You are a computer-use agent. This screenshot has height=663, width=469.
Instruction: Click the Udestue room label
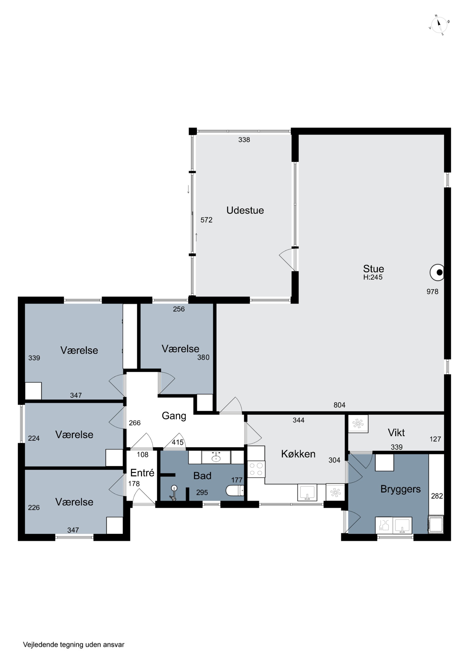245,210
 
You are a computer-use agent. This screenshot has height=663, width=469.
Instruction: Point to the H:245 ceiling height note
373,277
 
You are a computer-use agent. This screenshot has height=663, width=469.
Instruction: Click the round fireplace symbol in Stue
437,272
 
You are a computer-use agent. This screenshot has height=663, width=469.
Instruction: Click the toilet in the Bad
235,490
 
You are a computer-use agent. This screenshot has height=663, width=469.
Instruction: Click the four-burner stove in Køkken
256,469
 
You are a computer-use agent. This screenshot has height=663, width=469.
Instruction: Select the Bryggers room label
400,489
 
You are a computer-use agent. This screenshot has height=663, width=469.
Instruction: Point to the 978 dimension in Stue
432,292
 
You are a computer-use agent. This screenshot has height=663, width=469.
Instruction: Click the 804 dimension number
340,405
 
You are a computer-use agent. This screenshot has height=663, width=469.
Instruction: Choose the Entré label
142,473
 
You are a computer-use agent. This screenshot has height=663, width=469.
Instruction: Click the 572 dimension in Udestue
206,220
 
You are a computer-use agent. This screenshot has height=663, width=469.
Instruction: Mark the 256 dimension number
179,309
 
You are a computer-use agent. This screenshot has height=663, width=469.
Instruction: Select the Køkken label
298,454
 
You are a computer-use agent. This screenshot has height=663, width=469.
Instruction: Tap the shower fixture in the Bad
173,493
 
